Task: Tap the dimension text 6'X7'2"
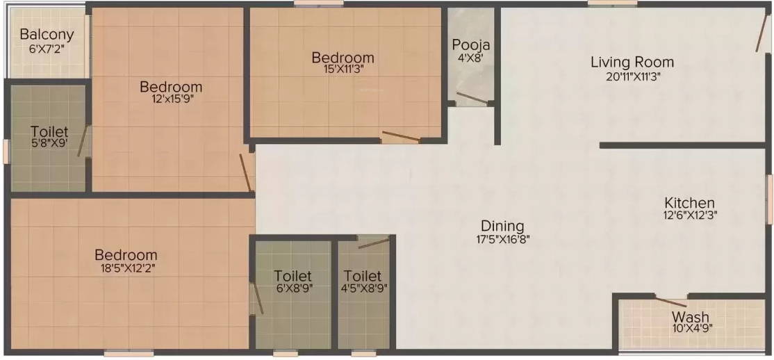47,49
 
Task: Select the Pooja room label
471,45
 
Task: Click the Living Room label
632,62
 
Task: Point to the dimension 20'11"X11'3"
632,76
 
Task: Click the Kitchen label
689,202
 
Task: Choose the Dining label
502,226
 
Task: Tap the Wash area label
691,318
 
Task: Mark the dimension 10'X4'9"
691,329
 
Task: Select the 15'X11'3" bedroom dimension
343,69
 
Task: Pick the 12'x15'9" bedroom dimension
171,99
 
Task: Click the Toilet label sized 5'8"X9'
49,131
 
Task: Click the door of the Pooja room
472,98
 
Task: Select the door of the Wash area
671,302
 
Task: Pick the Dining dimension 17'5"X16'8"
502,240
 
